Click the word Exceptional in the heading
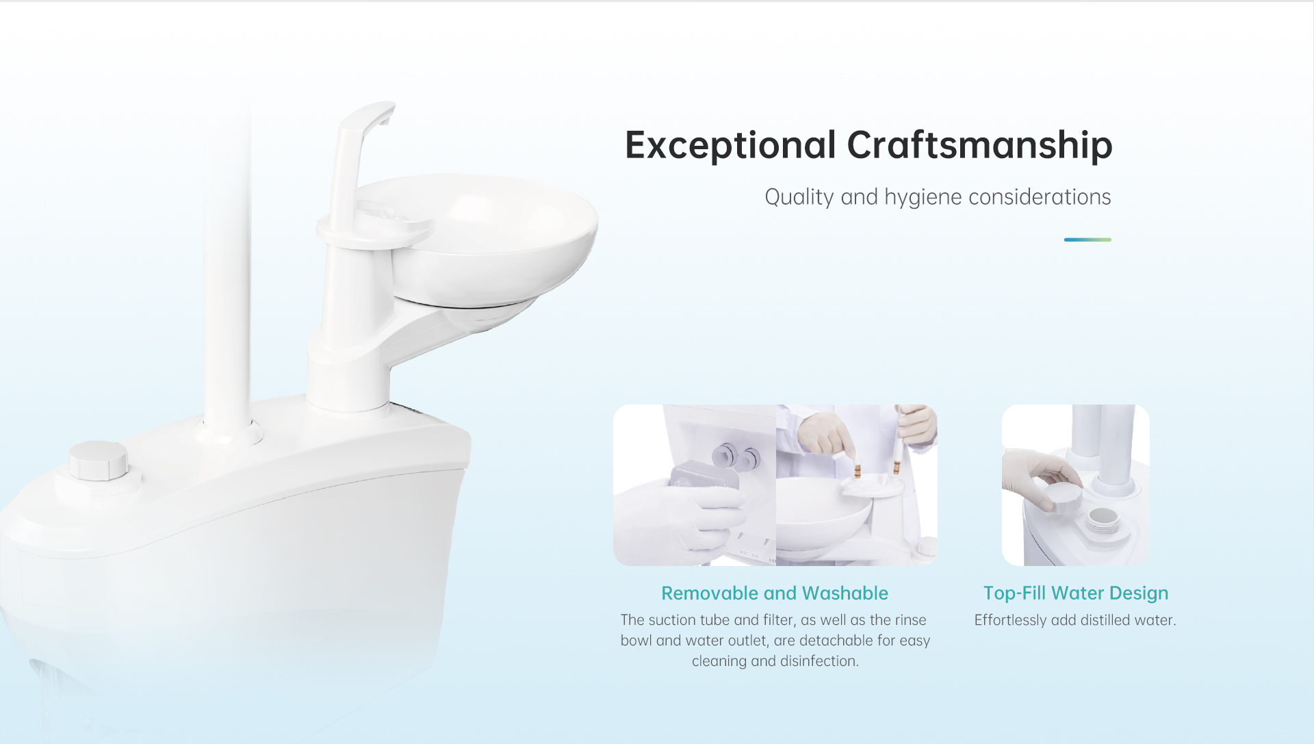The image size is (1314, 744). tap(730, 146)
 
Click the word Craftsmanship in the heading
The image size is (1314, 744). tap(979, 146)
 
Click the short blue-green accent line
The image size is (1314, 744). tap(1087, 240)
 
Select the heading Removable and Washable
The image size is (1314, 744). tap(775, 593)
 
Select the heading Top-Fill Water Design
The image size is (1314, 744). tap(1076, 593)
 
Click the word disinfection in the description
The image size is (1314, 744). tap(820, 661)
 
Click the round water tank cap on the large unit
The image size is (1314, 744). tap(98, 460)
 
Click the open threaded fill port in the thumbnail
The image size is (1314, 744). tap(1103, 521)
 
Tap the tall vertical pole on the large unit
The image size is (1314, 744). tap(228, 274)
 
